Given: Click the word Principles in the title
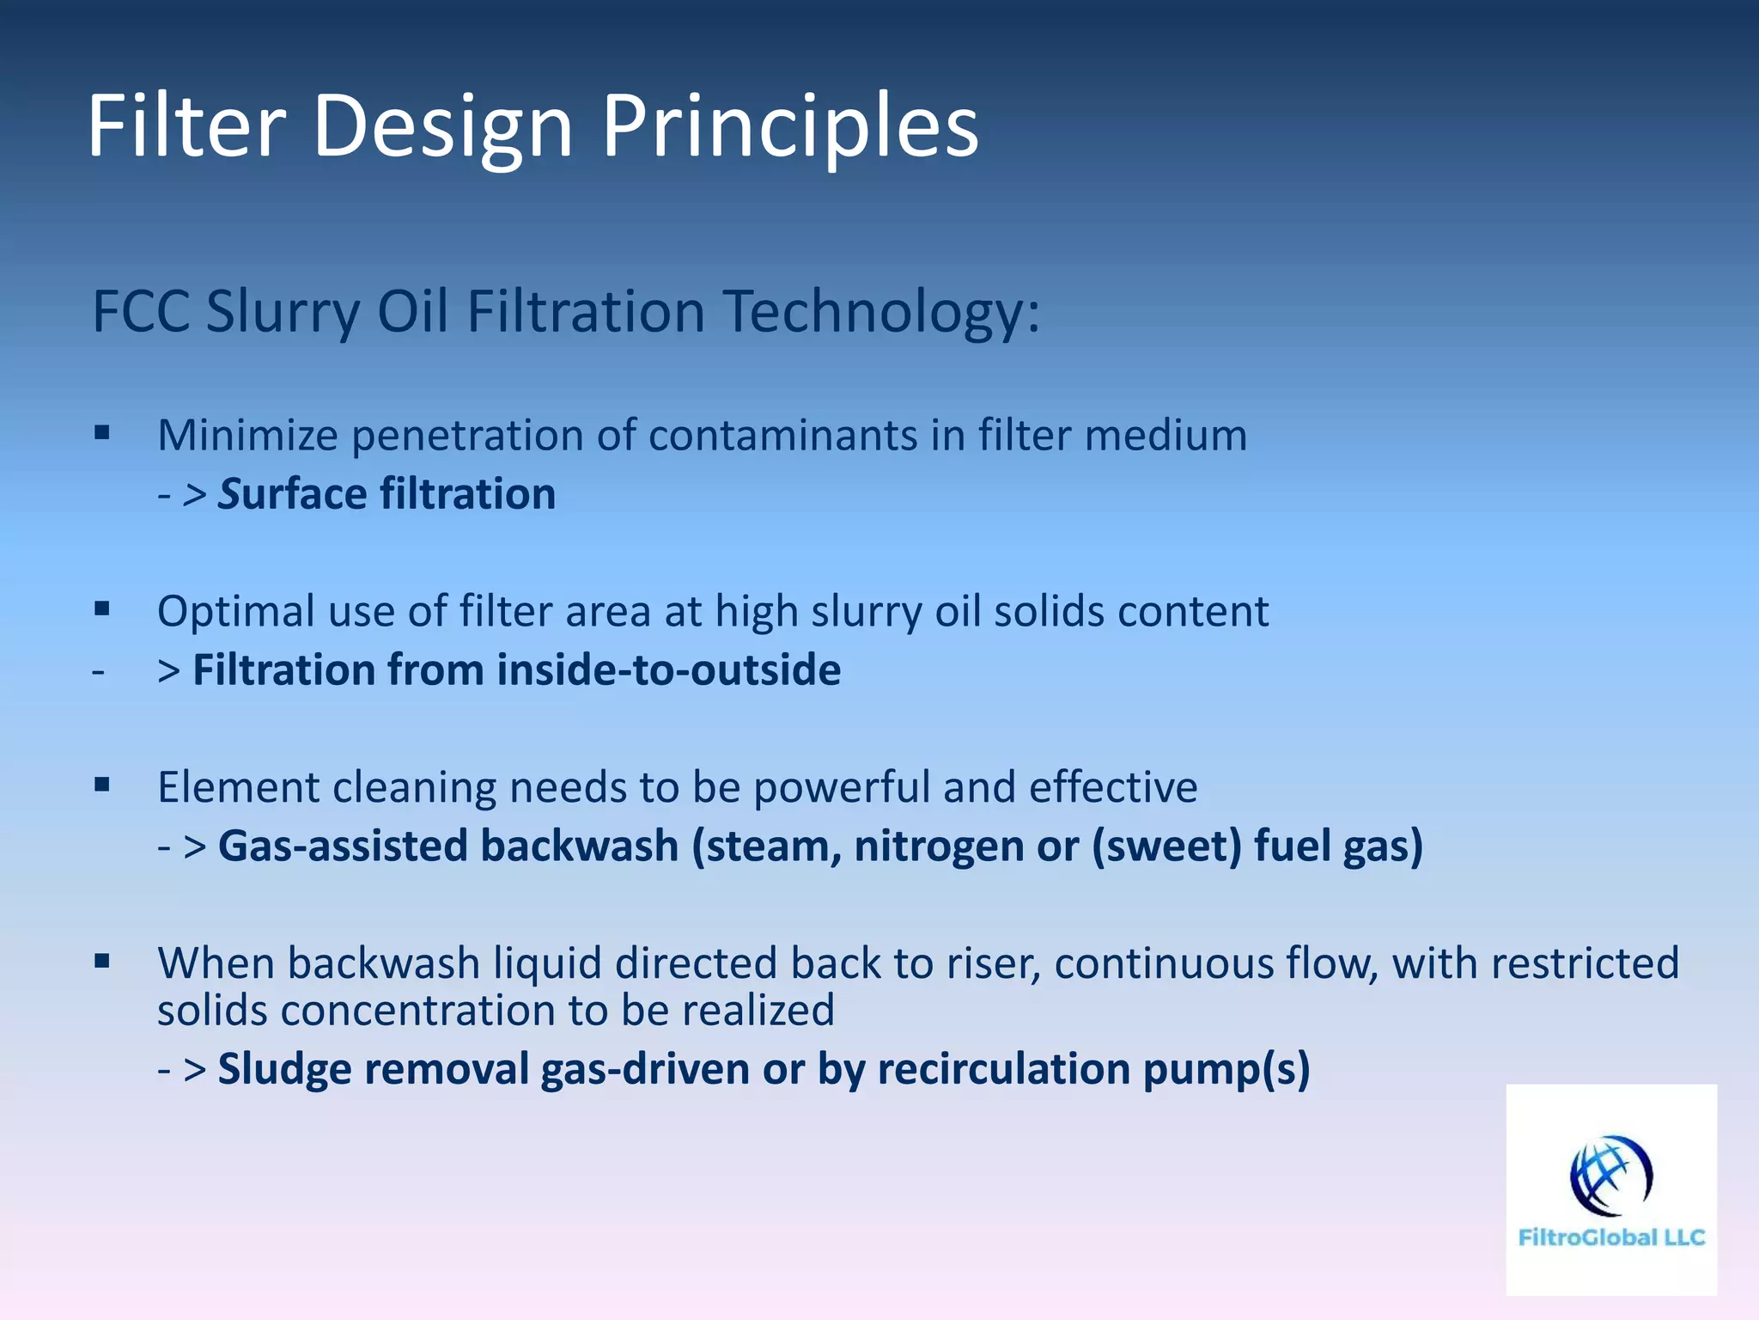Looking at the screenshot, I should [790, 127].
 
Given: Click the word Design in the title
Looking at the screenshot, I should [442, 127].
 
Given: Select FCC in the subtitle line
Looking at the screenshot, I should [141, 311].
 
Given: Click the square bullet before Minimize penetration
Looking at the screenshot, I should [103, 433].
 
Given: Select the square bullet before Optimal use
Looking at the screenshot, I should [103, 609].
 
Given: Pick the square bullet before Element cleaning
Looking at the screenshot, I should [103, 785].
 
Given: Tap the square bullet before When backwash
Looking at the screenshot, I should [103, 961].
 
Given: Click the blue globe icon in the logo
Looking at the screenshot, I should [1610, 1176].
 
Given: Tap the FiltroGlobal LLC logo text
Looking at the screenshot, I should [1611, 1237].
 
